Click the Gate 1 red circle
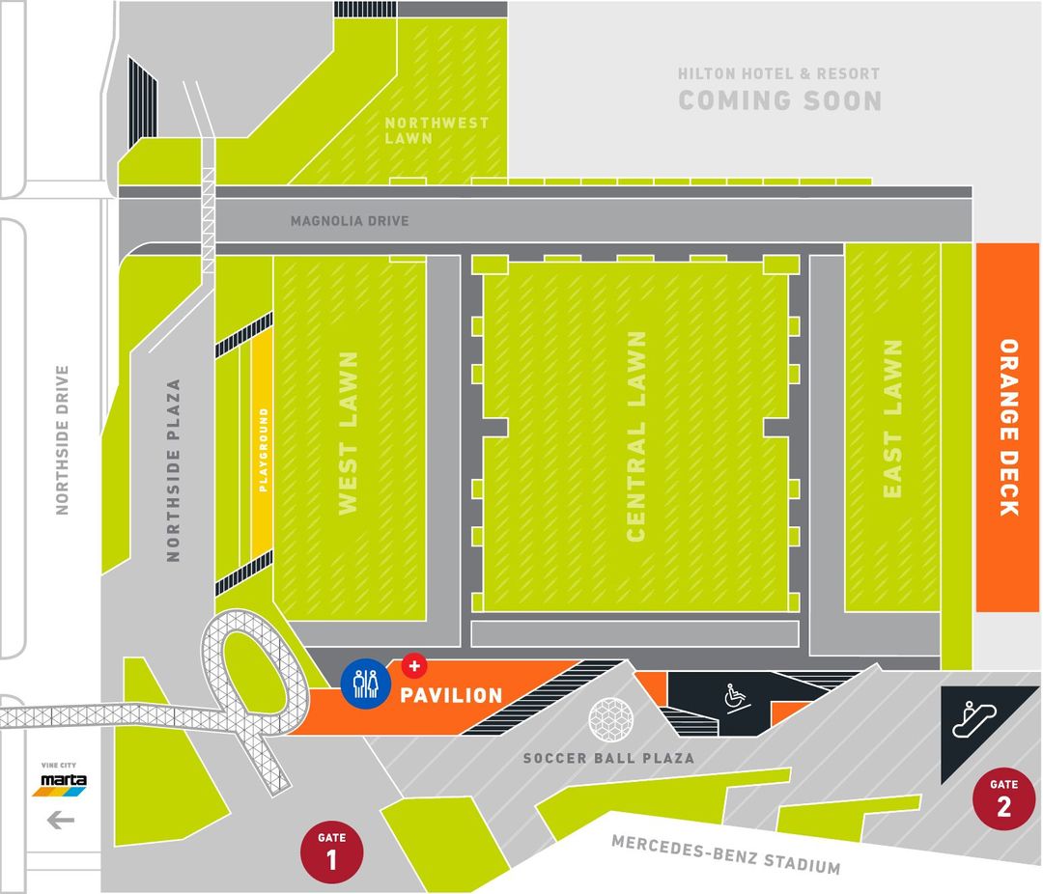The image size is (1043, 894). click(x=332, y=852)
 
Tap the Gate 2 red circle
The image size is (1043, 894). click(x=1003, y=798)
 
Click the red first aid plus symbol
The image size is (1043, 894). click(x=413, y=665)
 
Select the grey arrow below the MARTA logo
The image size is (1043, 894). click(x=61, y=821)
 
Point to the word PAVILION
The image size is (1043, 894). click(x=453, y=695)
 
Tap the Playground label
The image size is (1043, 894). click(x=263, y=450)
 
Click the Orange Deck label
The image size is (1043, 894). click(x=1008, y=427)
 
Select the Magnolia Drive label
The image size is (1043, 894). click(x=350, y=221)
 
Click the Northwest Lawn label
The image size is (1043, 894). click(x=437, y=130)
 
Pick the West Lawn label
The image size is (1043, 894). click(x=348, y=431)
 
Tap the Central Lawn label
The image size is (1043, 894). click(x=635, y=436)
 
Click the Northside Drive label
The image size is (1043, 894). click(x=63, y=439)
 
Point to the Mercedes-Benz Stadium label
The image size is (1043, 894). click(x=725, y=854)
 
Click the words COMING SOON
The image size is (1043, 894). click(x=779, y=100)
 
